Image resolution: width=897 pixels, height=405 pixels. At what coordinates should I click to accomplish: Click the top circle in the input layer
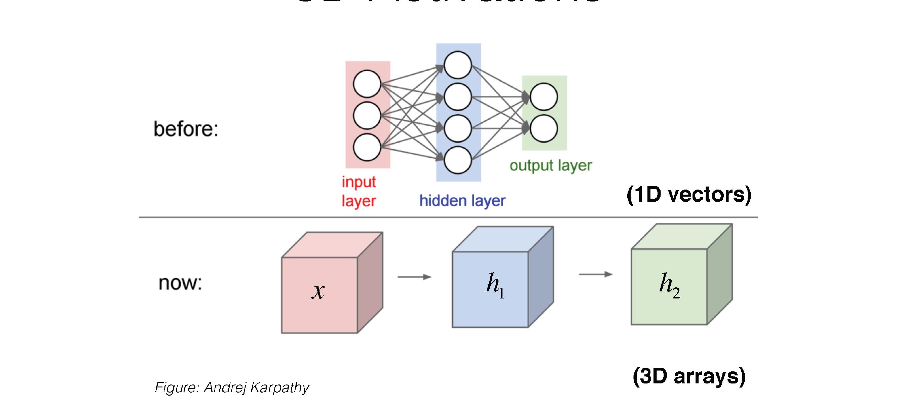[367, 84]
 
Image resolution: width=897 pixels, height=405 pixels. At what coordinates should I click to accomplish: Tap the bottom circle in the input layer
[367, 147]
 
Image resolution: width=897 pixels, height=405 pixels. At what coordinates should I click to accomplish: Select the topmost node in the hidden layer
[457, 65]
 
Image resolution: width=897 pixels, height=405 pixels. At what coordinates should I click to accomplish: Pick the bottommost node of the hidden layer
[457, 160]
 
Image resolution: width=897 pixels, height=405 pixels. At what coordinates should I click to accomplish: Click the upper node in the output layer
[544, 97]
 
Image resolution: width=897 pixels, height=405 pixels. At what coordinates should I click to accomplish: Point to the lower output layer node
[544, 129]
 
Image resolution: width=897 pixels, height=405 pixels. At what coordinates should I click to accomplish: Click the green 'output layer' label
[551, 166]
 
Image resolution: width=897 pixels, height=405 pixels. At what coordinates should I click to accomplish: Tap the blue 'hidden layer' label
[462, 201]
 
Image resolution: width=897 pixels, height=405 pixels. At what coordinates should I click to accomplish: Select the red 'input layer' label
[359, 191]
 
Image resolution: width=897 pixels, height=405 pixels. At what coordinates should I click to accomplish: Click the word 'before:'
[186, 129]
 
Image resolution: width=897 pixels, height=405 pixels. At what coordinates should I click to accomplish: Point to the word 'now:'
[180, 283]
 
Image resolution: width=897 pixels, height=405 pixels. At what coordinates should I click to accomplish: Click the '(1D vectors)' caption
[689, 194]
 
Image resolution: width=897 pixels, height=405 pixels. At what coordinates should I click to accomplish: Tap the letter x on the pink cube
[318, 291]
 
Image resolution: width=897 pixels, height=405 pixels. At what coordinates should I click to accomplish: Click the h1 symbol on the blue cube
[495, 285]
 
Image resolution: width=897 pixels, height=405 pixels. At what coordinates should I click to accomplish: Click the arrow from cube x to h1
[414, 277]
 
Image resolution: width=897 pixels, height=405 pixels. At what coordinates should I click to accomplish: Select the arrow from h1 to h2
[595, 275]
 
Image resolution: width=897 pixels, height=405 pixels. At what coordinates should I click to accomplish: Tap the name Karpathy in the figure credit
[279, 388]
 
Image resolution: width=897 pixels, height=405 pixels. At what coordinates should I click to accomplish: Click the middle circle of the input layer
[367, 116]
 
